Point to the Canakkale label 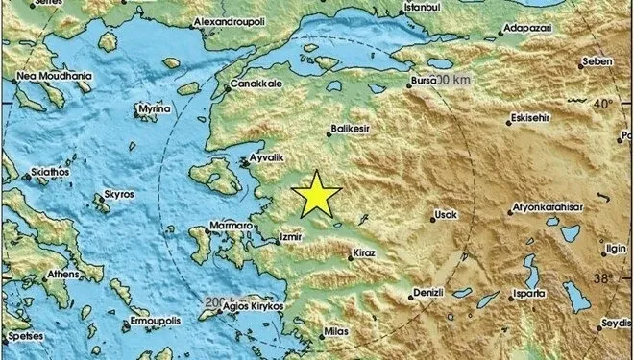pos(254,85)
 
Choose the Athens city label pos(63,274)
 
